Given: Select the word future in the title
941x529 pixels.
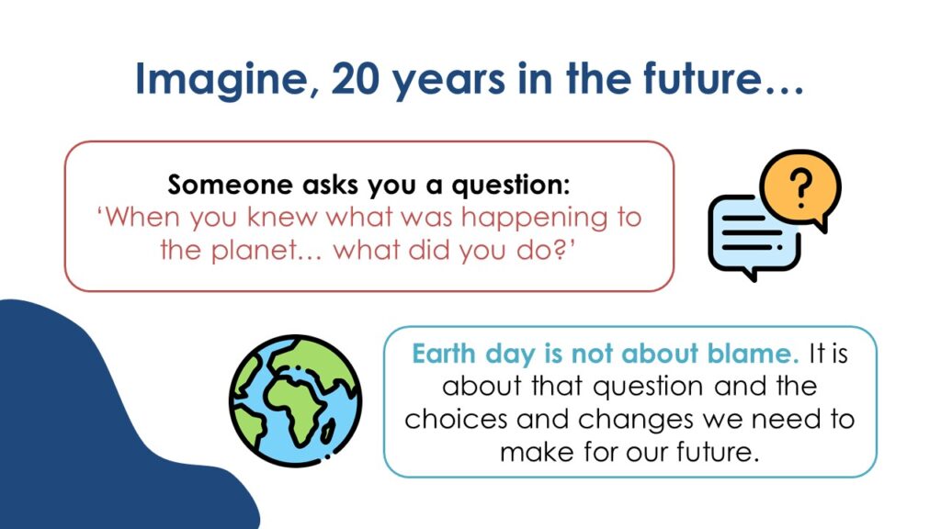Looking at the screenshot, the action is (703, 78).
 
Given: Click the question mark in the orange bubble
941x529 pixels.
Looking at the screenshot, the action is (800, 187).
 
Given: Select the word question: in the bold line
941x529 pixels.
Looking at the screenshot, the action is (511, 186).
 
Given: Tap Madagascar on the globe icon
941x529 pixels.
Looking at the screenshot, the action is (328, 432).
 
